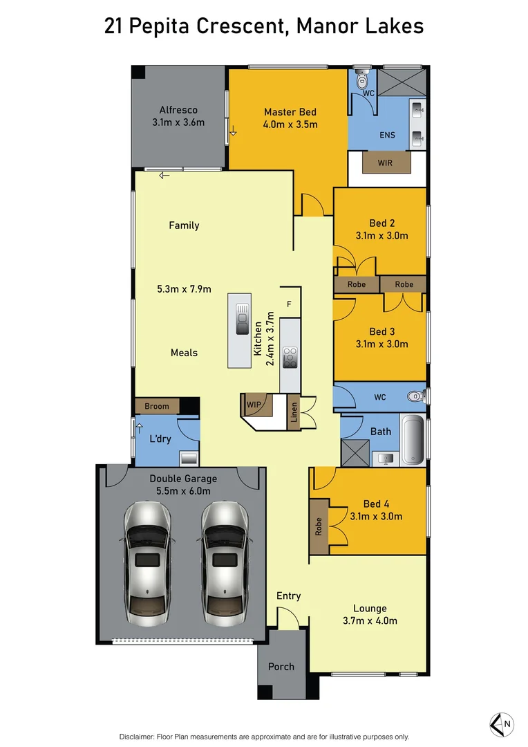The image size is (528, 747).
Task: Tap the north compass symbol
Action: tap(502, 723)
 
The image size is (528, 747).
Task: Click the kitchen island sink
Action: tap(242, 319)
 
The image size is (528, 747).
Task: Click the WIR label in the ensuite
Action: tap(386, 164)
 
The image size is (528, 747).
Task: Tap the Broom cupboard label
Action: tap(157, 406)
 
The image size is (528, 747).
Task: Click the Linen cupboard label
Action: tap(294, 412)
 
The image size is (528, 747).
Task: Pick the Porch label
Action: tap(281, 667)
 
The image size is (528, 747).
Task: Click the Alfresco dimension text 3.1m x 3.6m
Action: tap(178, 122)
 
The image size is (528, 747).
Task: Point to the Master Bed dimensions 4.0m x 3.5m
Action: tap(290, 124)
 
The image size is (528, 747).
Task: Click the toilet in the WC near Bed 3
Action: tap(415, 397)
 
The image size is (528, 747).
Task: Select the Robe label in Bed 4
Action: tap(319, 528)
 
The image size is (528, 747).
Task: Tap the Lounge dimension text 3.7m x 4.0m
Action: tap(370, 620)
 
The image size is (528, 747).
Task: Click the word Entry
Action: tap(288, 596)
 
